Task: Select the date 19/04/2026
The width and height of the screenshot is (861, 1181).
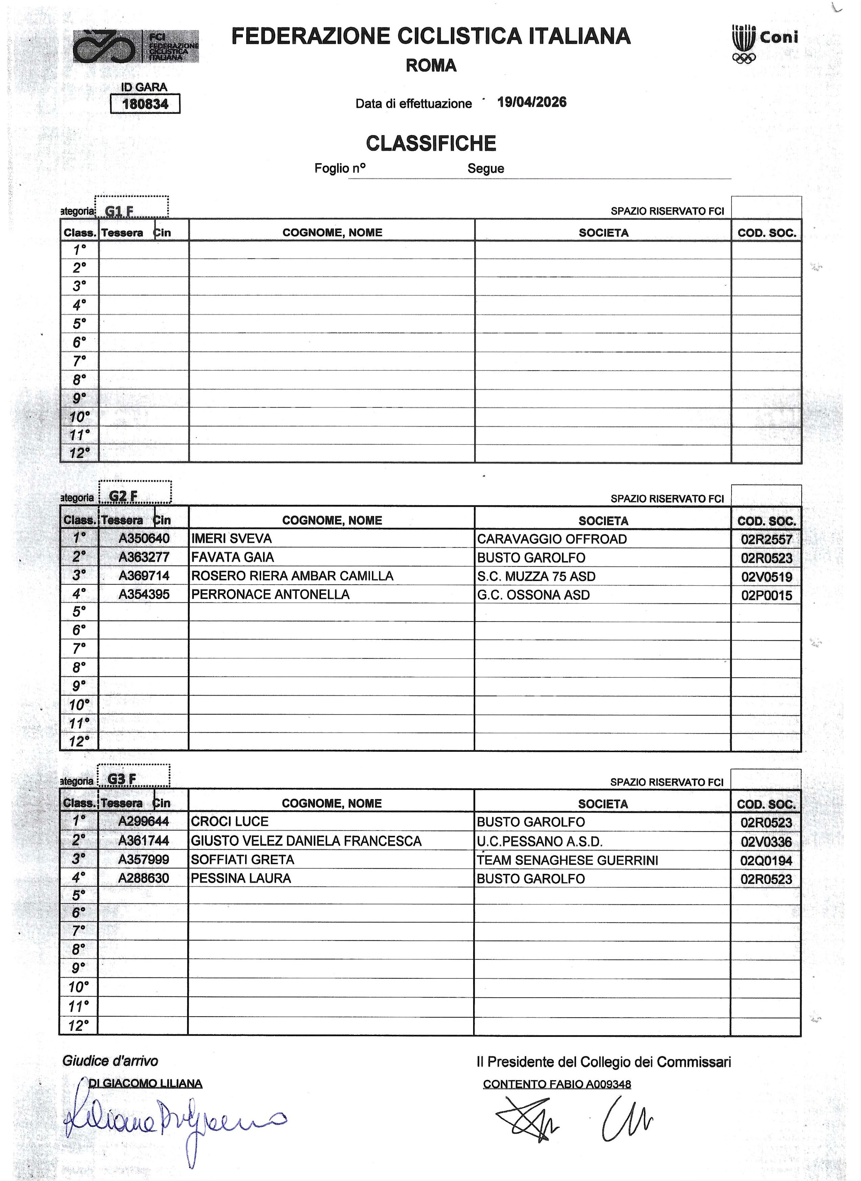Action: coord(532,102)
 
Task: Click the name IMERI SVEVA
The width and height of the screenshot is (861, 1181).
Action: coord(231,538)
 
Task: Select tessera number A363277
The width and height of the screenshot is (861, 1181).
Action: coord(144,557)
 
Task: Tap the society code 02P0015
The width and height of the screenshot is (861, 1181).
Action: coord(766,595)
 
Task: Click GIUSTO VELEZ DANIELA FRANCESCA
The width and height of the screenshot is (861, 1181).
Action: coord(306,841)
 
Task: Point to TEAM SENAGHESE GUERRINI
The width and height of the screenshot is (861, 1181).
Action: coord(567,860)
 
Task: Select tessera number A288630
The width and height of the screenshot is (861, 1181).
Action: coord(143,879)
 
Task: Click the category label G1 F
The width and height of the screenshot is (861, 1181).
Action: coord(119,211)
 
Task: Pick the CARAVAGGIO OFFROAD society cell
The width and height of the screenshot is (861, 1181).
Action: coord(552,539)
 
